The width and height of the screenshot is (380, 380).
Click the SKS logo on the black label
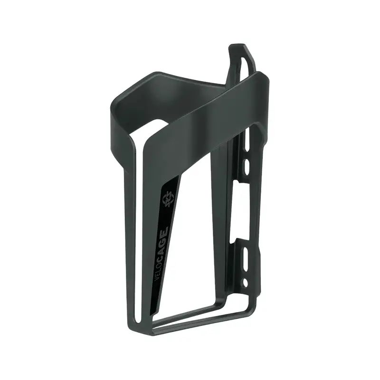pos(168,199)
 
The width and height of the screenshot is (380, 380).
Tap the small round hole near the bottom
pos(245,283)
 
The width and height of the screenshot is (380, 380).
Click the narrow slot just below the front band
pos(247,141)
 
